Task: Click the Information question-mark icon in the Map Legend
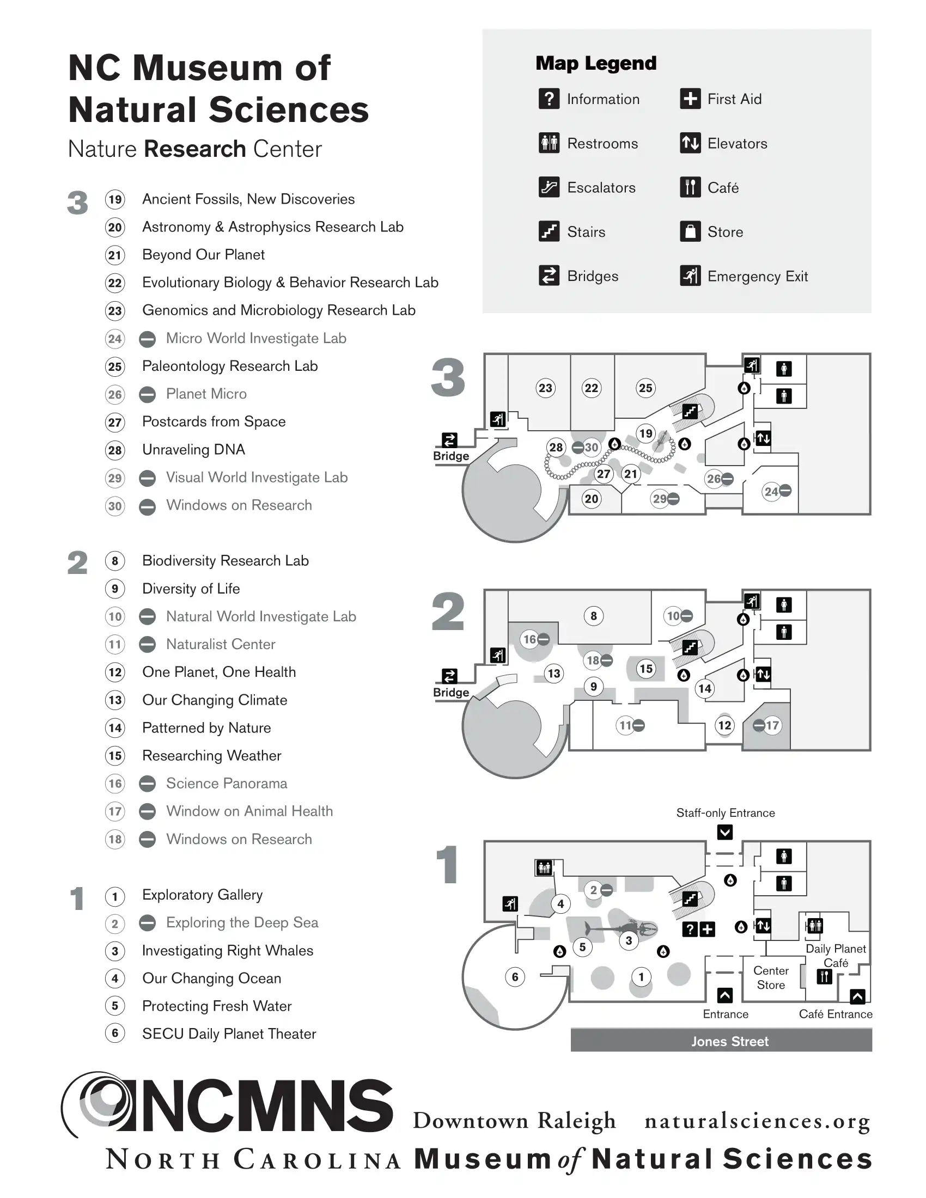[x=549, y=99]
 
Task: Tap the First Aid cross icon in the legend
[x=690, y=99]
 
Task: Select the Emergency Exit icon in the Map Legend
[x=690, y=276]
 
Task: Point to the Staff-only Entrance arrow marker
[x=724, y=832]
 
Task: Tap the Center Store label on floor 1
[x=771, y=977]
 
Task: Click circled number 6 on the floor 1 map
[x=515, y=976]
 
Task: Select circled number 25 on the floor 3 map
[x=645, y=388]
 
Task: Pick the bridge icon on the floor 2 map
[x=449, y=676]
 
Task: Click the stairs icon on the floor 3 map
[x=690, y=411]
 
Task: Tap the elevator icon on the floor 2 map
[x=763, y=674]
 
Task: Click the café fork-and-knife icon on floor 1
[x=824, y=976]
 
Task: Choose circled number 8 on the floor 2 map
[x=594, y=616]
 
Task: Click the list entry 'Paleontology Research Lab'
[x=230, y=366]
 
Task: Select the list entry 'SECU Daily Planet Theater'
[x=229, y=1034]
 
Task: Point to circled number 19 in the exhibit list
[x=114, y=199]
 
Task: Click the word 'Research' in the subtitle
[x=195, y=149]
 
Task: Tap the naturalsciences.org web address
[x=757, y=1121]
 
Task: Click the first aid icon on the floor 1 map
[x=708, y=928]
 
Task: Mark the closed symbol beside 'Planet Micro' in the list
[x=147, y=394]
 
